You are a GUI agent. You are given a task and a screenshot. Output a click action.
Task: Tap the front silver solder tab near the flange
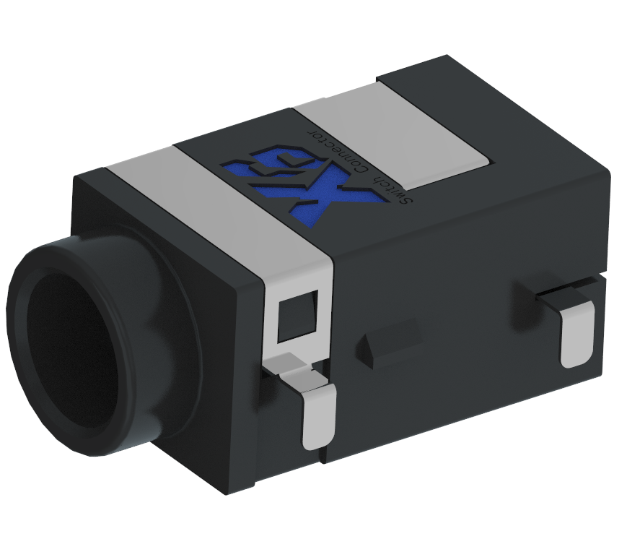coord(317,419)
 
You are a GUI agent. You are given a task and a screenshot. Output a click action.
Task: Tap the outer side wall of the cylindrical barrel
coord(144,405)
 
